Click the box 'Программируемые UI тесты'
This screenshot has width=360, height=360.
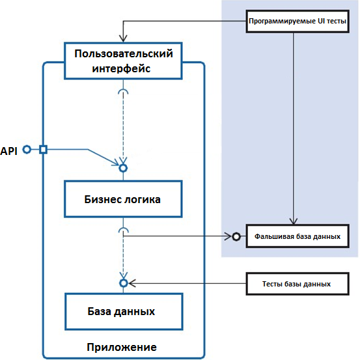point(298,21)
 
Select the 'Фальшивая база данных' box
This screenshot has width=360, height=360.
point(298,236)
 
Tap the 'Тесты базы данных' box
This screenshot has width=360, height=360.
point(298,284)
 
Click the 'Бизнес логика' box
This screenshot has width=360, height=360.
point(123,199)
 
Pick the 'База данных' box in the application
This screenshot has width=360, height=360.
point(124,312)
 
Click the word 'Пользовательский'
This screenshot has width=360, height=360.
point(124,54)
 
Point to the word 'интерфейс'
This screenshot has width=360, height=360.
point(121,68)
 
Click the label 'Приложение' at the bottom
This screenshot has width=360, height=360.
point(122,348)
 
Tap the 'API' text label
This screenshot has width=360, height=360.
point(8,151)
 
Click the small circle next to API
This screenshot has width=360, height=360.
point(27,150)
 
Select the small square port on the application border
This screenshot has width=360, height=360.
point(43,150)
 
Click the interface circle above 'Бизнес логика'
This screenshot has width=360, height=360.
point(123,169)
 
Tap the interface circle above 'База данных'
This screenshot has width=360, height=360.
point(124,283)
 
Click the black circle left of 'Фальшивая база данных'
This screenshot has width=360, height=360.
point(236,236)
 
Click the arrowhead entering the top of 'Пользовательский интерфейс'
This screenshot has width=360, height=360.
point(123,38)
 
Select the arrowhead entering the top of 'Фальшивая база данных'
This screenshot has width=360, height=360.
point(294,221)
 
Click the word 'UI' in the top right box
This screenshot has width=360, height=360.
point(321,21)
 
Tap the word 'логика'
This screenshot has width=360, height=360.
point(143,199)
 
